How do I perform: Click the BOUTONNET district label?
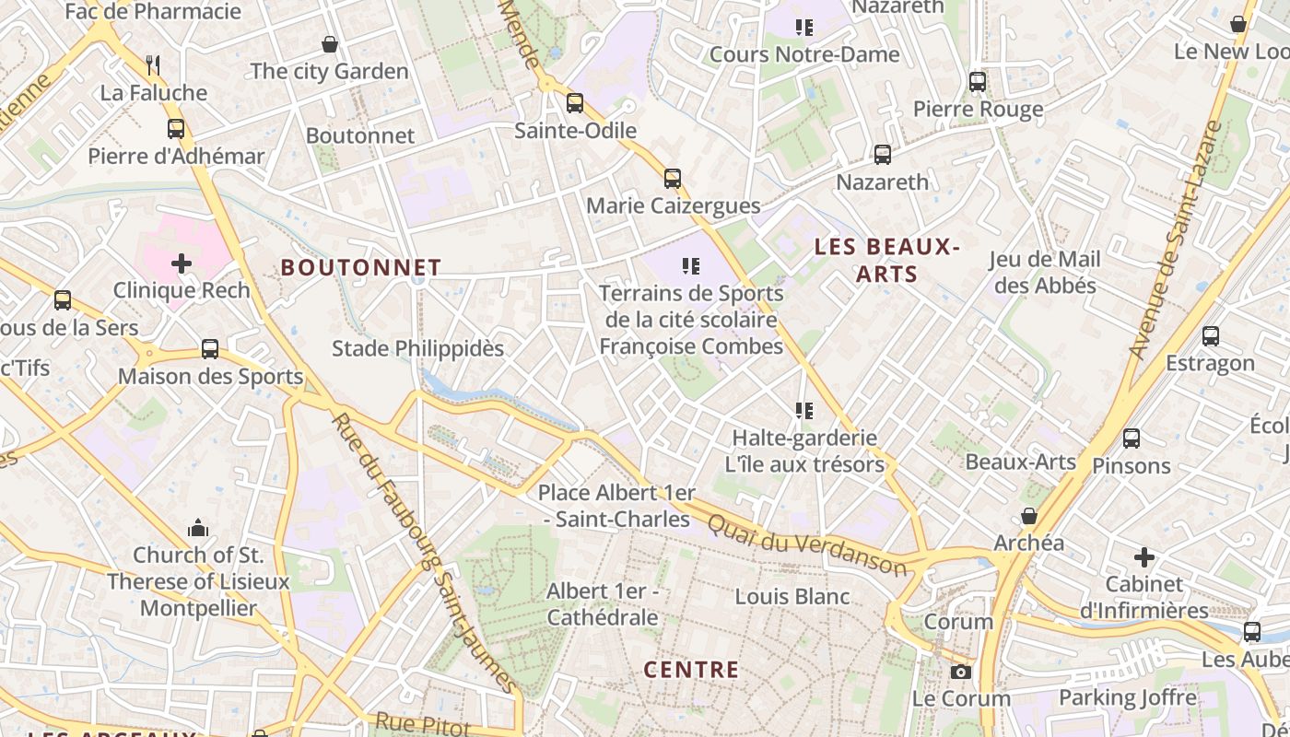pos(360,267)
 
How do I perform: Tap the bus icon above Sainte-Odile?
pos(575,103)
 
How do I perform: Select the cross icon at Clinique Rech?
pos(182,263)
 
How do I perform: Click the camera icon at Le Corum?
pos(961,672)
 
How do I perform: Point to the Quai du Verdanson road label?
pos(806,544)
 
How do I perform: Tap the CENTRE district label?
pos(691,670)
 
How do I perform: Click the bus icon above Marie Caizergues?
pos(673,179)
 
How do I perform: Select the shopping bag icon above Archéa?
pos(1029,516)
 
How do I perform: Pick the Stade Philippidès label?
pos(417,348)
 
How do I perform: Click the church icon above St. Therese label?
pos(198,528)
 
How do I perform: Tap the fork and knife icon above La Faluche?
pos(153,65)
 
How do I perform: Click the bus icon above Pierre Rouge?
pos(978,82)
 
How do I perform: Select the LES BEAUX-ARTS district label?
pos(887,260)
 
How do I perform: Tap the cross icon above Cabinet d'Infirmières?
pos(1143,557)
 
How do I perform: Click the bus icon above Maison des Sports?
pos(210,349)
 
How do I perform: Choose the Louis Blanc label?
pos(792,597)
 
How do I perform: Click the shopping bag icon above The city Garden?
pos(329,44)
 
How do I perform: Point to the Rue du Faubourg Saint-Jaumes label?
pos(426,553)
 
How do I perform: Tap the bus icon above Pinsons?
pos(1132,439)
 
